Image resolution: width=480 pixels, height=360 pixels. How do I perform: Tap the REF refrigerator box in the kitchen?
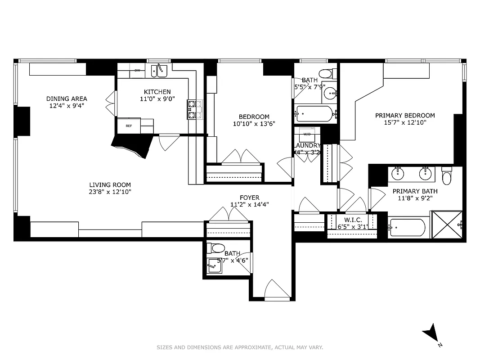[129, 126]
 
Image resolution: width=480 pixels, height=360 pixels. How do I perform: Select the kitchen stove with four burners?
[195, 109]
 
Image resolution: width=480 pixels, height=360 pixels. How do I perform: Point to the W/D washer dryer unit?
[307, 135]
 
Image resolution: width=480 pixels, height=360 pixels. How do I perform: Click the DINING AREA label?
[67, 99]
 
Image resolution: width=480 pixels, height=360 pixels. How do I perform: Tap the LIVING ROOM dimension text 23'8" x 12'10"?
[110, 192]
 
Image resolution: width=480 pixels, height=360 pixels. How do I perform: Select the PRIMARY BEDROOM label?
[405, 115]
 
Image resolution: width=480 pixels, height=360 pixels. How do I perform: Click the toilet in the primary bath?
[446, 176]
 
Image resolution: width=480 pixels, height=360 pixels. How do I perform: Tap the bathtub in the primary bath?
[408, 227]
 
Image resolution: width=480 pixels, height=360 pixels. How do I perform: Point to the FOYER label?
[249, 198]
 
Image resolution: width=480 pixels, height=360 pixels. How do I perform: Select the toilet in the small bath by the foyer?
[218, 248]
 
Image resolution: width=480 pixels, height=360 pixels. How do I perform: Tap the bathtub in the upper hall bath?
[314, 114]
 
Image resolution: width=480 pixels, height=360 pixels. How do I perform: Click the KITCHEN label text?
[157, 92]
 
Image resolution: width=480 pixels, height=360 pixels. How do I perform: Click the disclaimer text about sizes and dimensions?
[240, 347]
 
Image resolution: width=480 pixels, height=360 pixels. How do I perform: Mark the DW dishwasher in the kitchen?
[137, 70]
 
